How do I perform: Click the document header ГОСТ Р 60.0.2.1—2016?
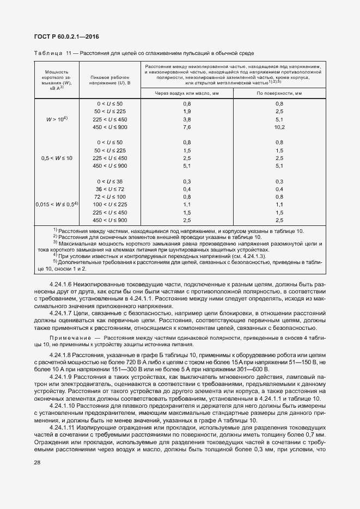pos(63,37)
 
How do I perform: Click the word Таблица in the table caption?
pos(49,53)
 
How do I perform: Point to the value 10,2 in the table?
pos(279,127)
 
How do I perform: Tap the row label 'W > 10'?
pos(56,119)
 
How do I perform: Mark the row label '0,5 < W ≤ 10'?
pos(56,158)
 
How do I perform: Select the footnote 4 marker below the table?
pos(55,254)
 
